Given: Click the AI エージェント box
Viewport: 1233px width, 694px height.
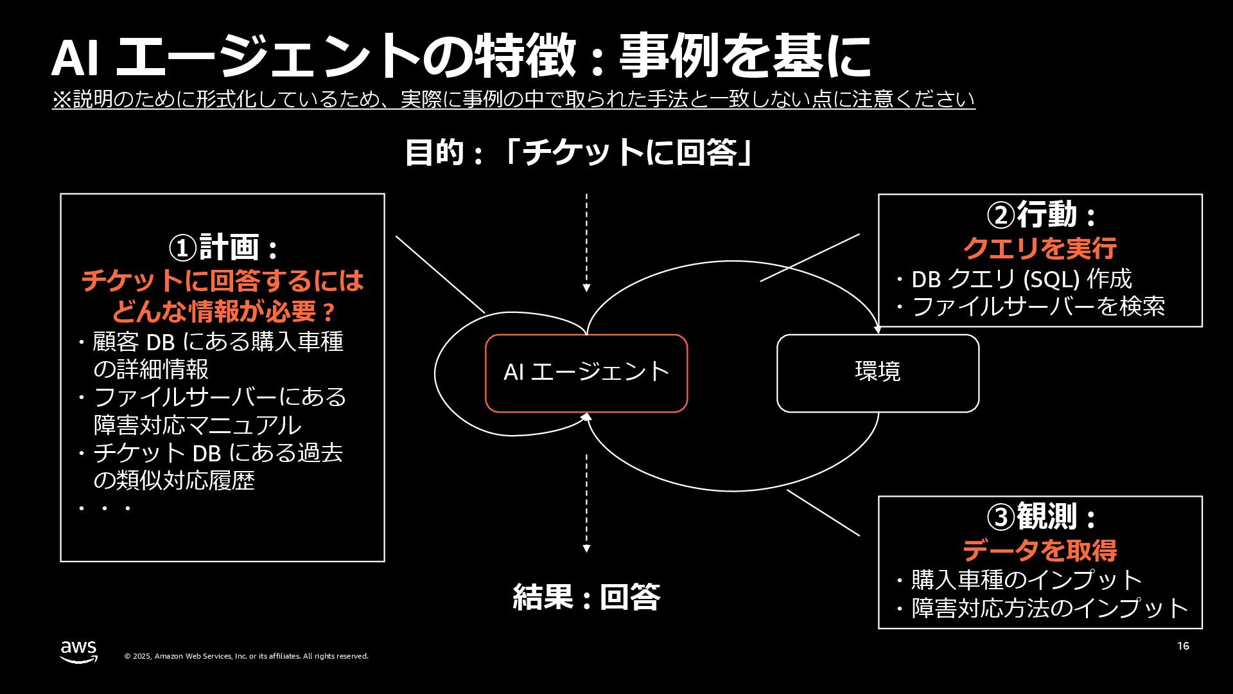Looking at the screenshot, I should [586, 373].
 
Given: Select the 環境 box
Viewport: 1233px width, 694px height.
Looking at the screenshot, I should [877, 373].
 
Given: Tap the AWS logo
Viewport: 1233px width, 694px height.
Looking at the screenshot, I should [79, 651].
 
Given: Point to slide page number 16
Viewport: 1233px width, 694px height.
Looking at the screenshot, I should [1183, 646].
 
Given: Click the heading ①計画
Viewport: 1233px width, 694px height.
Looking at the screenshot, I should [222, 247].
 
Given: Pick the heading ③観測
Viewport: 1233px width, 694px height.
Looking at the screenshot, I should [1040, 517].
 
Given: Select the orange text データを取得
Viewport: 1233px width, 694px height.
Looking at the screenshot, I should [1040, 550].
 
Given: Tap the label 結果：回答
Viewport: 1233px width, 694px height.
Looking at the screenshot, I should [586, 597].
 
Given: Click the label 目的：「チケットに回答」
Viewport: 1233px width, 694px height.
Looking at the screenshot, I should [578, 153].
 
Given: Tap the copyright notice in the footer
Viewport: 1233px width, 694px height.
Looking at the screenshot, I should [246, 656].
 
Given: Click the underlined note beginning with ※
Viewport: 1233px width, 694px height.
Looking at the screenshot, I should [513, 100].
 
